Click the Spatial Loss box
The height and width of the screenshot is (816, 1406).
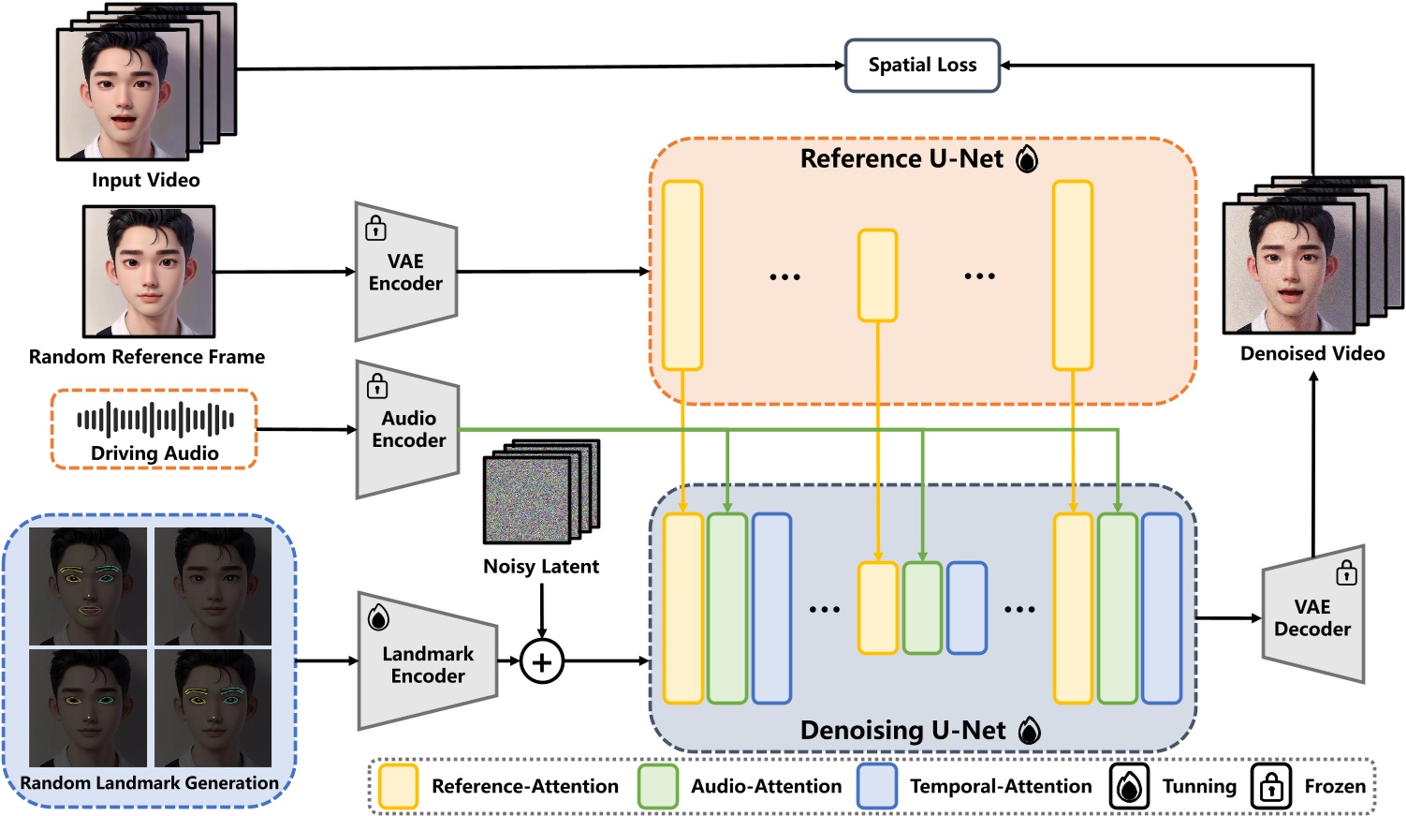coord(922,66)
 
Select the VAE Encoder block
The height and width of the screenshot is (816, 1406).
coord(406,272)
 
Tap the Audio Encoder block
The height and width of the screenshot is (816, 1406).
coord(408,429)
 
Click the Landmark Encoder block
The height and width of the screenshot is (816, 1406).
coord(428,663)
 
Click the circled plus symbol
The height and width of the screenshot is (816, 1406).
coord(541,661)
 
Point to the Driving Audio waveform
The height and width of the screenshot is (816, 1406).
coord(154,420)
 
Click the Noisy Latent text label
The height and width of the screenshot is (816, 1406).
coord(541,567)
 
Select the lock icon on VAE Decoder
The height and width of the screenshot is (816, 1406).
coord(1346,572)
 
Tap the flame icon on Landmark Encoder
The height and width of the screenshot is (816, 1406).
coord(378,617)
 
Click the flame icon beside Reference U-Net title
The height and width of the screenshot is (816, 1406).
coord(1027,159)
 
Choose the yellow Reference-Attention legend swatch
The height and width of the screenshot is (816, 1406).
coord(399,786)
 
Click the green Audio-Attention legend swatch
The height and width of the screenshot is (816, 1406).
coord(658,786)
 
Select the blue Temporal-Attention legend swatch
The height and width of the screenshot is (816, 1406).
coord(877,786)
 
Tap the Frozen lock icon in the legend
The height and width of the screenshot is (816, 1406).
coord(1270,786)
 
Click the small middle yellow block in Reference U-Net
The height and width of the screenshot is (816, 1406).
coord(877,275)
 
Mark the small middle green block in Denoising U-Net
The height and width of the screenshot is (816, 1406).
coord(922,608)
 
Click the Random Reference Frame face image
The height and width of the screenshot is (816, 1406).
coord(149,272)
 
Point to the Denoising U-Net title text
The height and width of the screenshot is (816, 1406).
coord(902,731)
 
